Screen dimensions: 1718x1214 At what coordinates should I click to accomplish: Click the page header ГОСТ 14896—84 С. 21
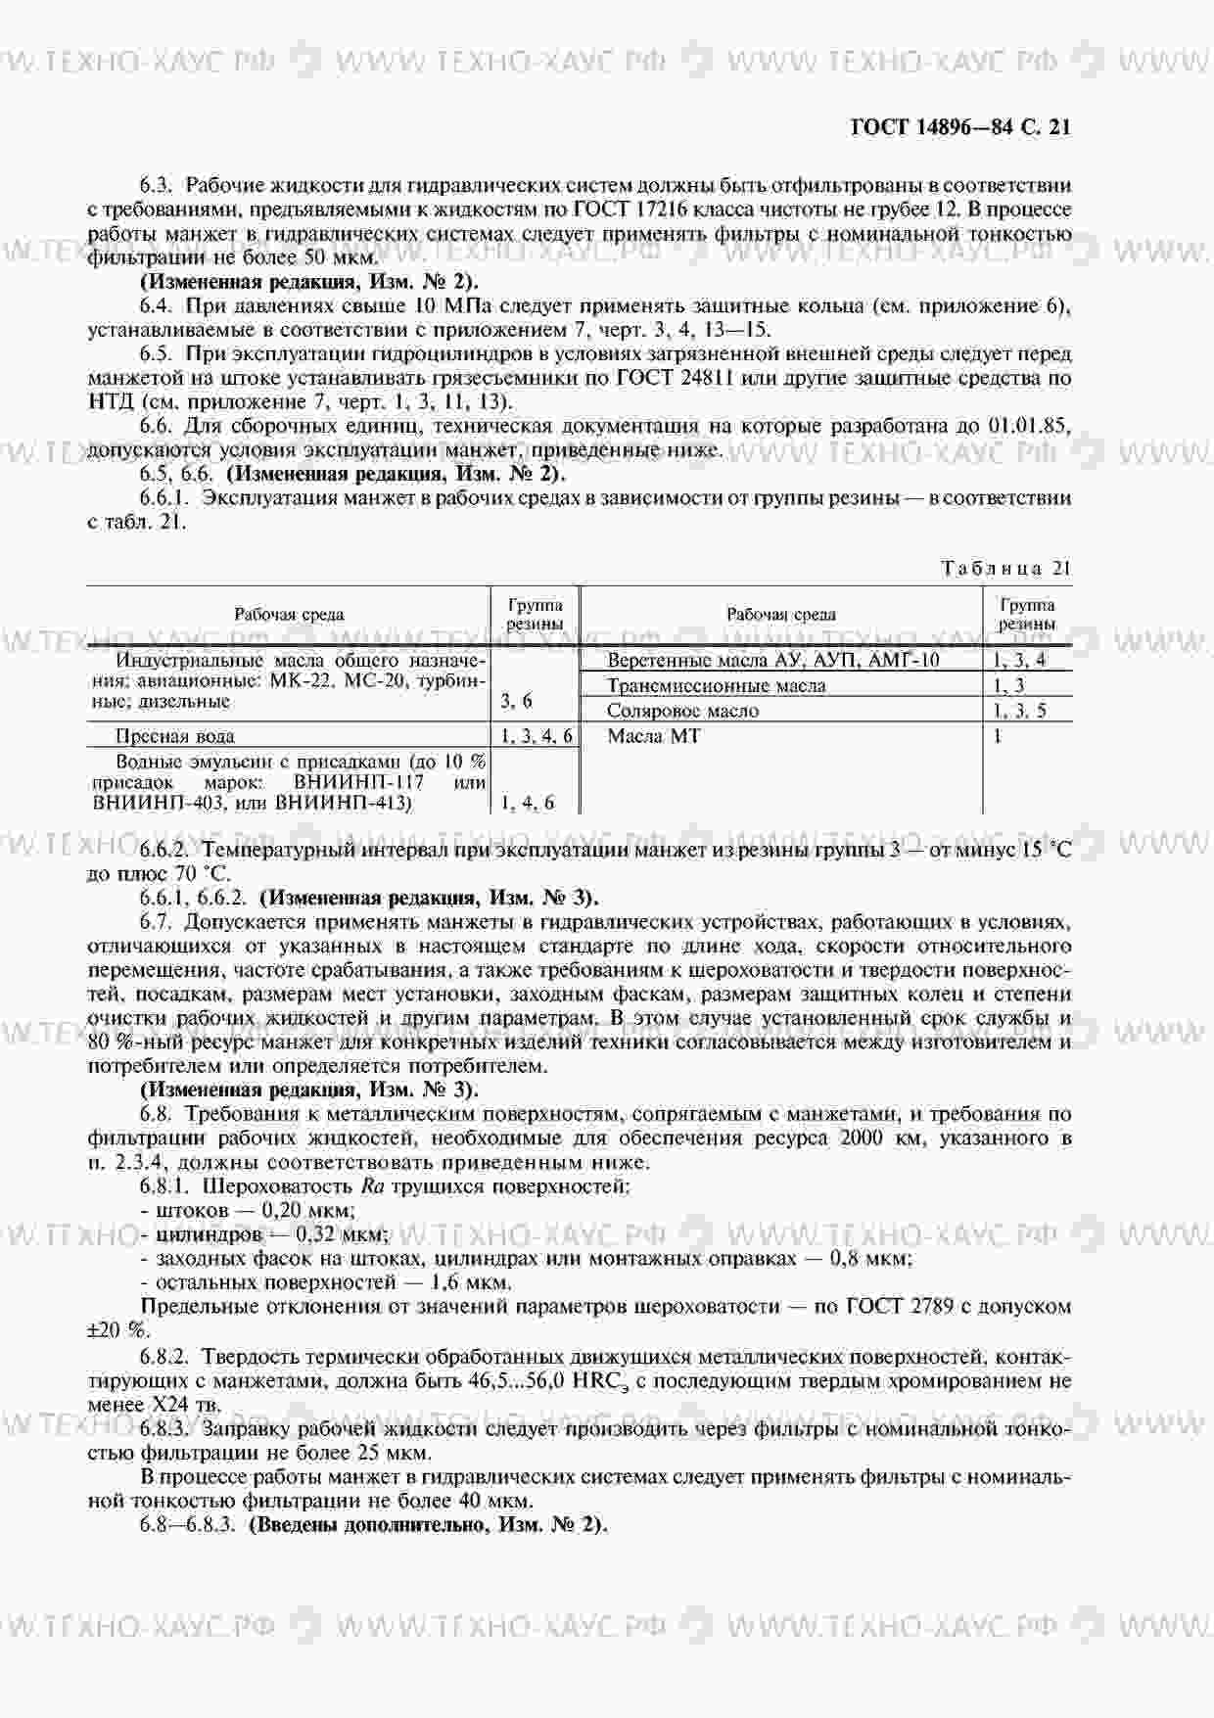[960, 126]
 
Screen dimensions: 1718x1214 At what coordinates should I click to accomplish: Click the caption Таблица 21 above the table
[1006, 569]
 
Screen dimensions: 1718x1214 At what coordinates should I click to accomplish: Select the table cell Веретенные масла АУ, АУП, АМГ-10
[773, 660]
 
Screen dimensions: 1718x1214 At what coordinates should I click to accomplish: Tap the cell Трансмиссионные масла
[716, 685]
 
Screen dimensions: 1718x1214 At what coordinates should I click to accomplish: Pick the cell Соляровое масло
[682, 711]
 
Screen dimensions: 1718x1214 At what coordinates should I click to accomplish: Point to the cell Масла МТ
[654, 736]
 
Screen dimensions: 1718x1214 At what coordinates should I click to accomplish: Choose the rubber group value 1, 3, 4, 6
[536, 736]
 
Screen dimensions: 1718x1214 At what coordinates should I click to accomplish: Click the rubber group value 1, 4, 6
[528, 803]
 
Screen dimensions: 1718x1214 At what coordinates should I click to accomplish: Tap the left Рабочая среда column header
[289, 615]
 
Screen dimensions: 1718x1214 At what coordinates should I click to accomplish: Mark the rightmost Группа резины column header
[1027, 615]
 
